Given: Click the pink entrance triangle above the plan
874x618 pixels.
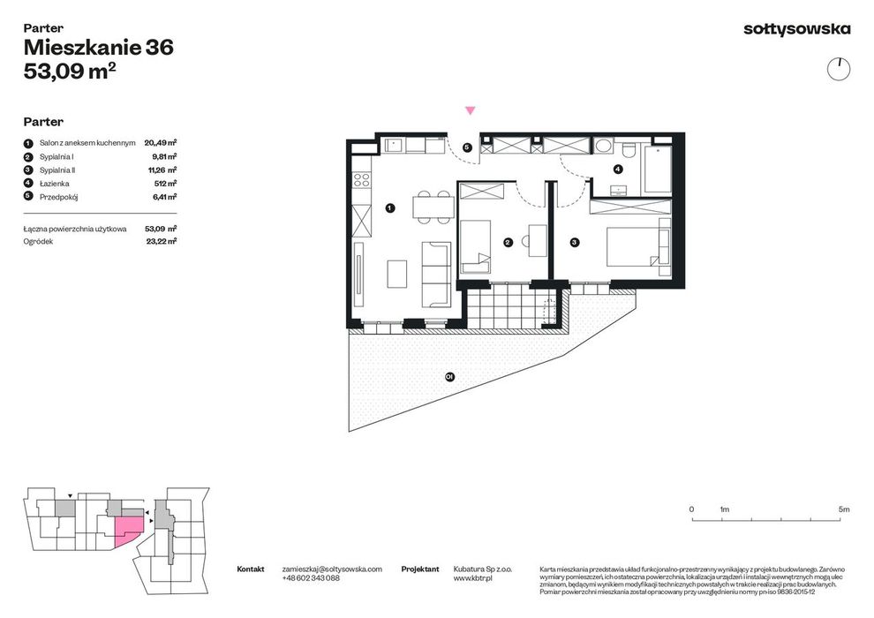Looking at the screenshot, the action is (x=471, y=111).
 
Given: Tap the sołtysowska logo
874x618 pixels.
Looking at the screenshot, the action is (x=797, y=29).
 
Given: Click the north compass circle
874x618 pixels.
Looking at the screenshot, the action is (x=839, y=69).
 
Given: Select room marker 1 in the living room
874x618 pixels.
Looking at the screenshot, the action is (x=390, y=207).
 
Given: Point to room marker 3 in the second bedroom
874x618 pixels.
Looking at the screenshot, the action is (x=574, y=243).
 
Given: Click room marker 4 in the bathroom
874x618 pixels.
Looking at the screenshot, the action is (x=618, y=169).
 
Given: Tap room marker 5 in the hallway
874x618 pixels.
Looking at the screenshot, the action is (x=468, y=147).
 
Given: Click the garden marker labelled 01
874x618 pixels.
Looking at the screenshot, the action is (x=449, y=377).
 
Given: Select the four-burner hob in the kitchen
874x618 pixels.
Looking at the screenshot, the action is (x=361, y=179).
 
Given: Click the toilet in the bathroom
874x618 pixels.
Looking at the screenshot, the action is (x=629, y=149).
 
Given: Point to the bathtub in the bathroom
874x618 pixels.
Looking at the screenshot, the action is (x=658, y=169).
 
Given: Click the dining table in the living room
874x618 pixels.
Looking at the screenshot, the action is (x=433, y=207).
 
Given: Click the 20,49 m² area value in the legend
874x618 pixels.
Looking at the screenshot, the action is (x=161, y=143).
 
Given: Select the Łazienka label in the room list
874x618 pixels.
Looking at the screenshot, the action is (x=55, y=184).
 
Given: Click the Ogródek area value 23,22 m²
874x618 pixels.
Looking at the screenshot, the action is (x=162, y=241).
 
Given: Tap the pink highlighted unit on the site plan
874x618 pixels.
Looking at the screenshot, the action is (x=128, y=530).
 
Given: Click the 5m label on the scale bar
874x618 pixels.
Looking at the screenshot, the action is (x=844, y=509).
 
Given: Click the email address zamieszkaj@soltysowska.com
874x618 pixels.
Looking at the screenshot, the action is (x=332, y=569).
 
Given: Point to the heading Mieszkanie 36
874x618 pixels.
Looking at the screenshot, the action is (x=99, y=48).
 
